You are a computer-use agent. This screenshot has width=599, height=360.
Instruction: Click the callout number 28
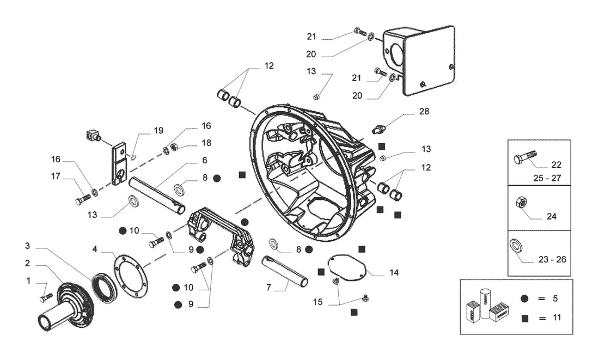coord(424,111)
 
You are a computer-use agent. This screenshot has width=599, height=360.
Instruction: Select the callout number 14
coord(394,272)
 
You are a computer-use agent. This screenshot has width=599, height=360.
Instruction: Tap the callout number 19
coord(158,131)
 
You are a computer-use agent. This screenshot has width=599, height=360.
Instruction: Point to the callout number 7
coord(268,287)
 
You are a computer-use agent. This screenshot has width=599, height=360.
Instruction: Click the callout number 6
coord(205,160)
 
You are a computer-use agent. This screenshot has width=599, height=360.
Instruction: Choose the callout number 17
coord(56,176)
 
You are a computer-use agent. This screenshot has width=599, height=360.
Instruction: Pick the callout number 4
coord(95,249)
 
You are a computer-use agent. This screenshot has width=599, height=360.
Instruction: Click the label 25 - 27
coord(547,178)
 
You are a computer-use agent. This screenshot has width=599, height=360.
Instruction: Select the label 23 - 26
coord(552,259)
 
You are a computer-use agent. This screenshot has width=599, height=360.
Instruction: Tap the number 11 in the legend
coord(557,318)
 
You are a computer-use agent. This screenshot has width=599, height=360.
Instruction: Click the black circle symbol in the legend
coord(524,298)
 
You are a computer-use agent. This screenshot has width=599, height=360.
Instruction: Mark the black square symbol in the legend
coord(525,318)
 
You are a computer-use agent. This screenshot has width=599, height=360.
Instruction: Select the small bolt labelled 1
coord(46,297)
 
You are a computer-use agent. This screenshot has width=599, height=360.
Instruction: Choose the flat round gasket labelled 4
coord(131,274)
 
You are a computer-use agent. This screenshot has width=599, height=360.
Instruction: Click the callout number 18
coord(206,143)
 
